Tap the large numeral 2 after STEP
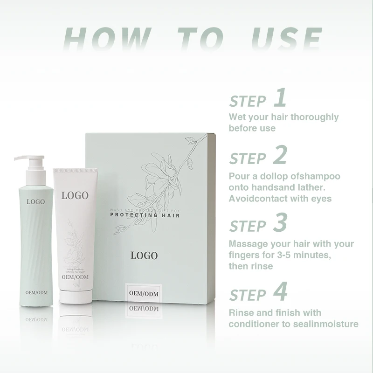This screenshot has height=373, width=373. point(280,155)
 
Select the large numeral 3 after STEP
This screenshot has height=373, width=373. point(280,223)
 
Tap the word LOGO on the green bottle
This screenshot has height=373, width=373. point(36,201)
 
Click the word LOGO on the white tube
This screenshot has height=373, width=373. point(75,195)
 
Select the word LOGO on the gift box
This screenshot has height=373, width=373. point(144,256)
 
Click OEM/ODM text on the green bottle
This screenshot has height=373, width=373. point(36,292)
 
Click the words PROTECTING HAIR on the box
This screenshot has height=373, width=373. point(145,215)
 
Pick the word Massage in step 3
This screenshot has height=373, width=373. point(246,244)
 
